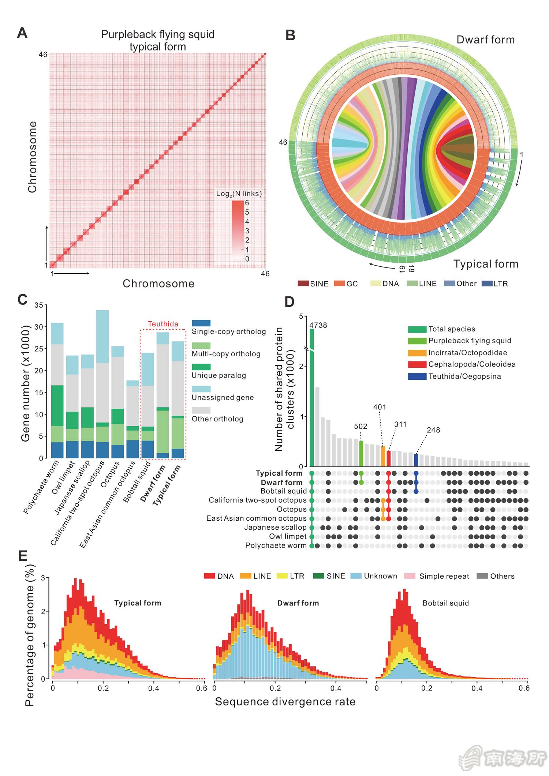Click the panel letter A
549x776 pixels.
[x=22, y=33]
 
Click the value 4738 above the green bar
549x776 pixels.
[x=318, y=325]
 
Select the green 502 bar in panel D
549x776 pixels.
[x=361, y=454]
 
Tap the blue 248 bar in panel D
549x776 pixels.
[x=416, y=460]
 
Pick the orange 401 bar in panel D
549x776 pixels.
[x=383, y=456]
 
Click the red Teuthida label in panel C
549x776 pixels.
[x=163, y=324]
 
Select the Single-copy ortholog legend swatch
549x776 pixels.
[x=201, y=323]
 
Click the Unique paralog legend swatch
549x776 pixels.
[x=201, y=367]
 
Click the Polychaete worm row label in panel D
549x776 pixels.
[x=276, y=546]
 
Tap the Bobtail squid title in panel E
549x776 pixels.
[x=445, y=603]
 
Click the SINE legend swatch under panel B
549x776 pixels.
[x=303, y=284]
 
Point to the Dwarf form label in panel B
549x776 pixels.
[x=485, y=40]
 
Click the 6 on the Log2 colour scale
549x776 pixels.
[x=247, y=203]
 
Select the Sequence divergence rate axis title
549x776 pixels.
[x=285, y=701]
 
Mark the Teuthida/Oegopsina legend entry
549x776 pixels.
[x=464, y=376]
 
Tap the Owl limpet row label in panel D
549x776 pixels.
[x=288, y=536]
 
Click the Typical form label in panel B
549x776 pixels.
[x=486, y=264]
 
